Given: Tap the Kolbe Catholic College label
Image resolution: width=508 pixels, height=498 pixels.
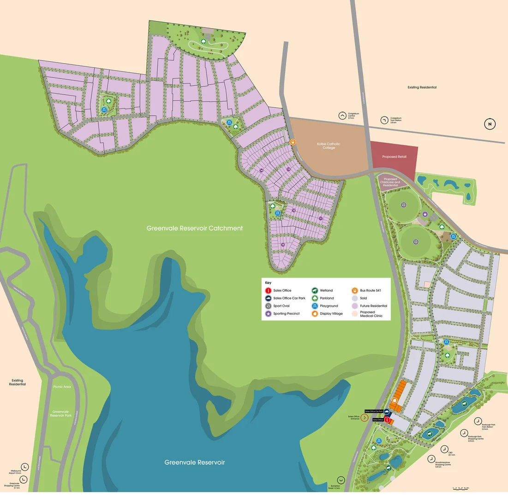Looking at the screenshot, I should pos(329,146).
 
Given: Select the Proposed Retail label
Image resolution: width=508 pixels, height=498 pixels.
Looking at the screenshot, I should pos(394,157).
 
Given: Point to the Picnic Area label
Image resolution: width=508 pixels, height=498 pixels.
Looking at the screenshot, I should pos(62,386).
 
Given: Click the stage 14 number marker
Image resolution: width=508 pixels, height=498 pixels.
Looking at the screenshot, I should pos(261,171).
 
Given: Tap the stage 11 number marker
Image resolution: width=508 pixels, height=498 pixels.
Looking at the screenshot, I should pos(321,218).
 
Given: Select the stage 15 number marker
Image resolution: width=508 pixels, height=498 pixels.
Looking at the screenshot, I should pos(283,245).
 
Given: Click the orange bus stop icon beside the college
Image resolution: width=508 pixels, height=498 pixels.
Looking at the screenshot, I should pos(293,142).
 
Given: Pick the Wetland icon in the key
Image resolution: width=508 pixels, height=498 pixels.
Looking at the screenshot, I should pos(315,290).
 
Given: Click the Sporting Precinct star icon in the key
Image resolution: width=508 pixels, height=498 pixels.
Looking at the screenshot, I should pos(268,314).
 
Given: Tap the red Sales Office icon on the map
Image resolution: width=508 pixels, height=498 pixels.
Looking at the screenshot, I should pos(388,420).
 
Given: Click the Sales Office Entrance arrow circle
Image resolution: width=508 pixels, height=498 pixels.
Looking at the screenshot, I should pos(365,418).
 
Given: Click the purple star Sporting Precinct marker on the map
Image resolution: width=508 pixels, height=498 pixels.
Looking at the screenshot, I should pos(425,214).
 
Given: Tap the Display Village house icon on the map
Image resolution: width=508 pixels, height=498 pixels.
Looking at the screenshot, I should pos(395,400).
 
